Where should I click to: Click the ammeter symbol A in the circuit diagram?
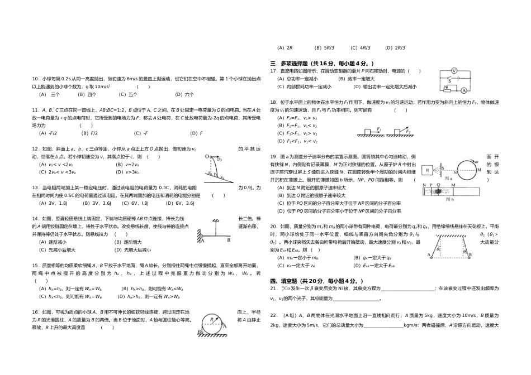pyautogui.click(x=464, y=90)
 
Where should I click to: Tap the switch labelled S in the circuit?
pyautogui.click(x=451, y=79)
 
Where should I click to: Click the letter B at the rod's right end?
pyautogui.click(x=227, y=241)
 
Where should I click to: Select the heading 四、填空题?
pyautogui.click(x=287, y=280)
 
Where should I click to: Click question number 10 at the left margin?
pyautogui.click(x=35, y=79)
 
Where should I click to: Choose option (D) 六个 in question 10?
pyautogui.click(x=184, y=94)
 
